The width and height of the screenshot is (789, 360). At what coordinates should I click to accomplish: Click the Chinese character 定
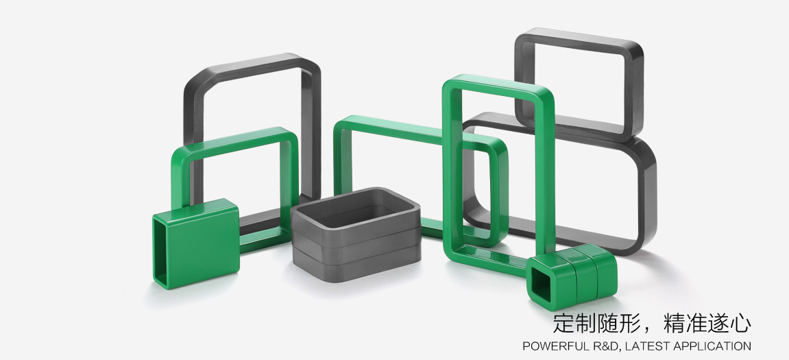[x=563, y=323]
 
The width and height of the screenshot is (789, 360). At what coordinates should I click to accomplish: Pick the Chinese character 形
[x=630, y=323]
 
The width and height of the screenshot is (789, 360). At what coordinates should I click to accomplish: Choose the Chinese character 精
[x=675, y=323]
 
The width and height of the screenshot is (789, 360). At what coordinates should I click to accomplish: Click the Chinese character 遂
[x=718, y=323]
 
